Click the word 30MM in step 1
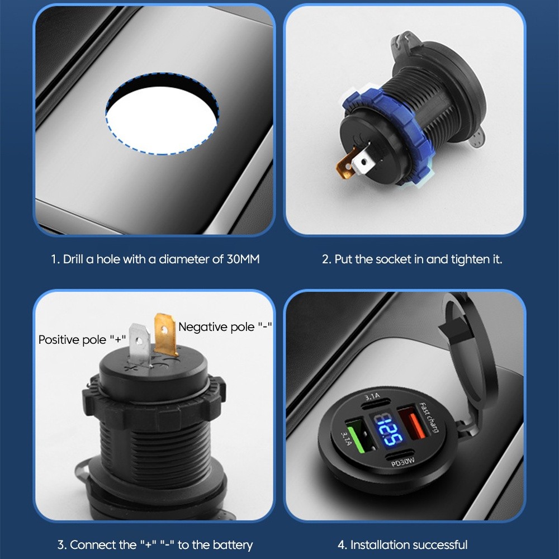pos(243,259)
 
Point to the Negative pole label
pos(225,327)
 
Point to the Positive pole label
pos(82,340)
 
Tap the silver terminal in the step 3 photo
pos(140,344)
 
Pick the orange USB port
pos(412,425)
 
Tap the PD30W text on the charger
pos(403,462)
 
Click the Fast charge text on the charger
pos(429,417)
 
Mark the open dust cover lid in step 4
pos(467,357)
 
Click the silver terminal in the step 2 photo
pos(363,162)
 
